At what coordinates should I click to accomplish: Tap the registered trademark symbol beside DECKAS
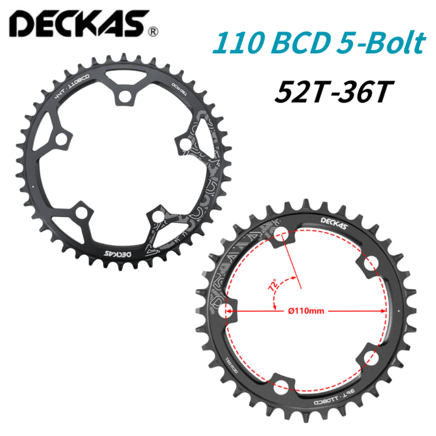[x=153, y=32]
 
